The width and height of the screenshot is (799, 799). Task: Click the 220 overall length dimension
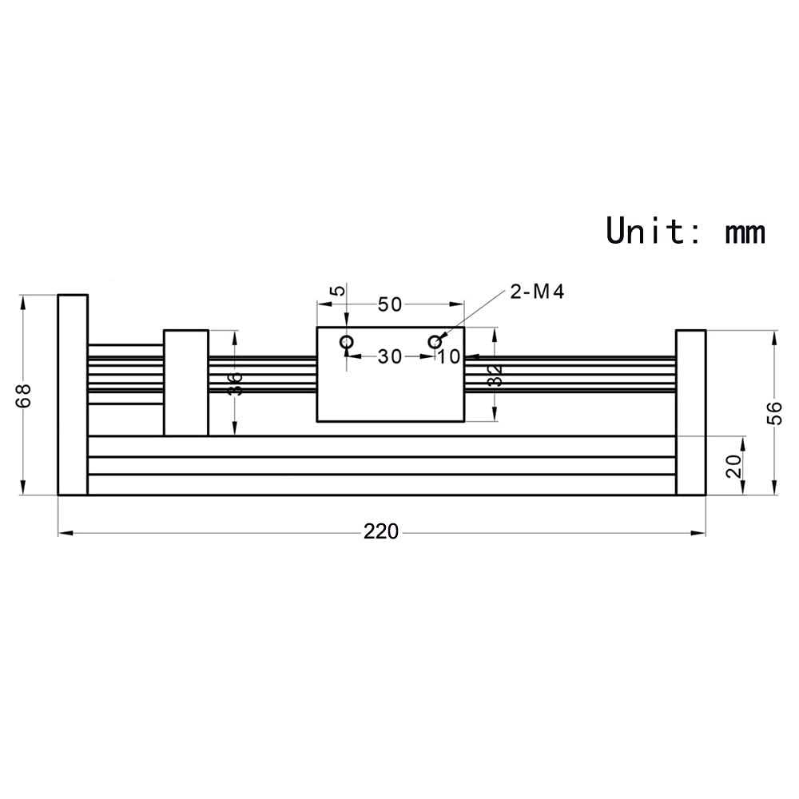point(381,531)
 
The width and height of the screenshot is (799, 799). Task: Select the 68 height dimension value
point(24,396)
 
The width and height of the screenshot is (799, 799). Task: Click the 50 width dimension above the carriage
point(390,304)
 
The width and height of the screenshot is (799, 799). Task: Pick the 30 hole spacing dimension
point(390,356)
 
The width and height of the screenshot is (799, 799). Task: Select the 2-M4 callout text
point(537,292)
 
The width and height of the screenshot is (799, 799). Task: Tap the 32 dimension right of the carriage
point(495,375)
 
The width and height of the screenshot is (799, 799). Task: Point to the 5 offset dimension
point(340,290)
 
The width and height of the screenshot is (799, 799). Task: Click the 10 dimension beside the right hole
point(450,356)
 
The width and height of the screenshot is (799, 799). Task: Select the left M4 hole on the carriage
point(347,343)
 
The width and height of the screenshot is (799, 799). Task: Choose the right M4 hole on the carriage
point(435,342)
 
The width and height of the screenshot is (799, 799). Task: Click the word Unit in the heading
point(646,230)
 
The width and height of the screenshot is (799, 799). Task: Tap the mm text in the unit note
point(745,232)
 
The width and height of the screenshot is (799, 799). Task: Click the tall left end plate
point(73,395)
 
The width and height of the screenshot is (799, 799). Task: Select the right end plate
point(690,412)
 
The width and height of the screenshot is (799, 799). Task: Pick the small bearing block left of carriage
point(186,382)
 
